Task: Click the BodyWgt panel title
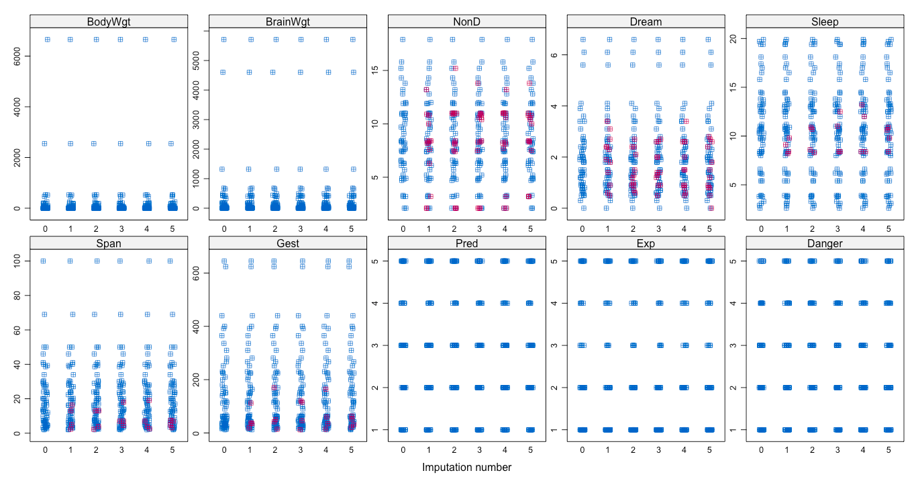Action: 109,21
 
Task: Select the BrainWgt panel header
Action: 288,21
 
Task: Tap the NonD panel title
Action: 467,21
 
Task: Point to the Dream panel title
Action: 646,21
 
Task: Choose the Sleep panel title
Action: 825,21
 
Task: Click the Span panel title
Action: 109,243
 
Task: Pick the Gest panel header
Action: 288,243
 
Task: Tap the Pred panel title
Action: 467,243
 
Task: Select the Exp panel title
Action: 646,243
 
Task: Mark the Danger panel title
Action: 825,243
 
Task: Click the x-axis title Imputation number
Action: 467,467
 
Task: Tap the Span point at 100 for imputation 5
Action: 170,261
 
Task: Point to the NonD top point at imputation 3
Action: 480,40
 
